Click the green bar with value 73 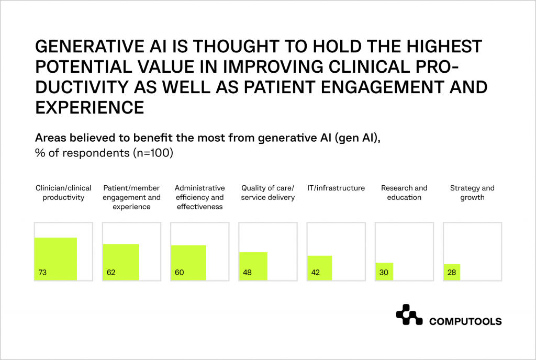click(55, 259)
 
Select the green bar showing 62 click(121, 262)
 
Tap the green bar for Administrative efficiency click(188, 263)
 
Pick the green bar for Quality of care click(253, 266)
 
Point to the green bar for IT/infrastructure click(319, 268)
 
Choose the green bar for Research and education click(384, 271)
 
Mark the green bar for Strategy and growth click(452, 272)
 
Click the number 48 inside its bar click(247, 272)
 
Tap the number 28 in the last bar click(451, 272)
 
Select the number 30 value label click(383, 272)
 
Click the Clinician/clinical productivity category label click(63, 193)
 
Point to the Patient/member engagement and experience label click(131, 197)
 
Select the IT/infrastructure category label click(336, 188)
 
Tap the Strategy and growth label click(472, 193)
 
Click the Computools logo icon click(409, 314)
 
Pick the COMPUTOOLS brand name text click(465, 321)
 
